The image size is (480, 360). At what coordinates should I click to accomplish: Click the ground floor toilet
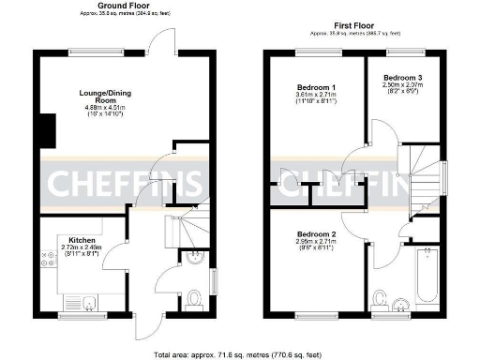196,298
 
